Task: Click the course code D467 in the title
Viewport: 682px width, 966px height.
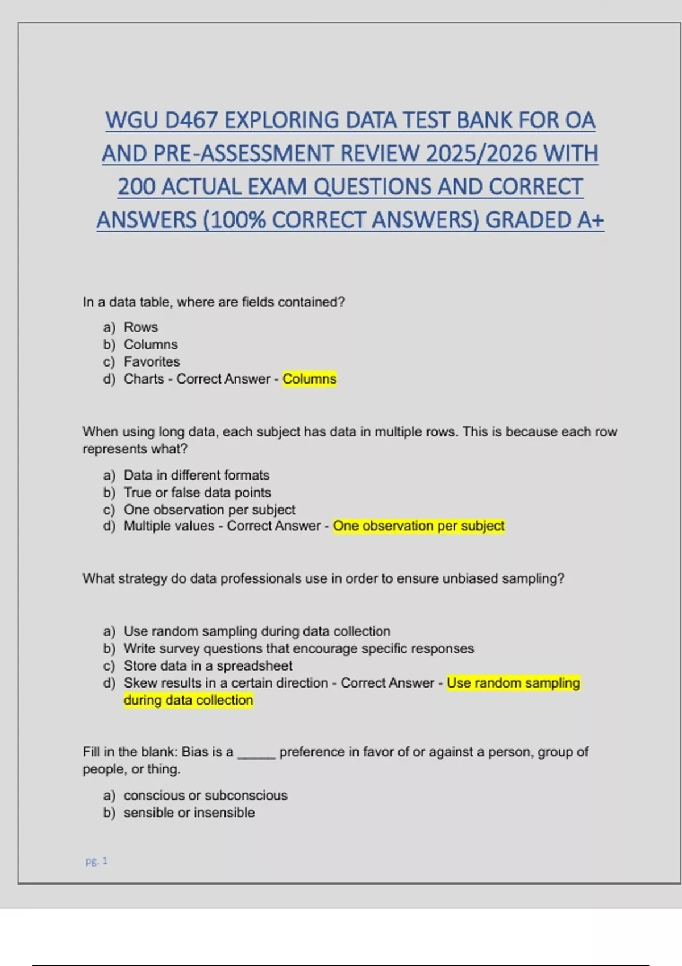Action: pyautogui.click(x=191, y=120)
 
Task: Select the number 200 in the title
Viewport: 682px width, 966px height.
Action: pyautogui.click(x=136, y=187)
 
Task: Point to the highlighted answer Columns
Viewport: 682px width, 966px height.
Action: pyautogui.click(x=309, y=379)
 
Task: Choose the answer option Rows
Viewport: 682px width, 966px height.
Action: pyautogui.click(x=141, y=327)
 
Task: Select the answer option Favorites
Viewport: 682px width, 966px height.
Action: pyautogui.click(x=152, y=362)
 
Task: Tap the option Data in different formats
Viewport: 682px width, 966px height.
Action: pyautogui.click(x=197, y=475)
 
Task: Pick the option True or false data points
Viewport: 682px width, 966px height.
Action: pyautogui.click(x=197, y=493)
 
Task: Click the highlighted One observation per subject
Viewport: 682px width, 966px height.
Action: pyautogui.click(x=418, y=526)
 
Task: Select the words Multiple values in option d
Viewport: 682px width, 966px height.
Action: pyautogui.click(x=169, y=526)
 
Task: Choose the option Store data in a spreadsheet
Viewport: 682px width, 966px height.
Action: pyautogui.click(x=208, y=665)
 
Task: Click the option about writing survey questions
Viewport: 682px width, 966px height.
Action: pyautogui.click(x=298, y=648)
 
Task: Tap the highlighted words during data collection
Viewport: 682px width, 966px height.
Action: pyautogui.click(x=188, y=700)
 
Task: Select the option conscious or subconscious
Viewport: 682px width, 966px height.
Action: pyautogui.click(x=206, y=796)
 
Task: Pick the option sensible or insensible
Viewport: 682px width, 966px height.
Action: pyautogui.click(x=189, y=813)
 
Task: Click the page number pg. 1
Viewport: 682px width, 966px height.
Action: pyautogui.click(x=97, y=861)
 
